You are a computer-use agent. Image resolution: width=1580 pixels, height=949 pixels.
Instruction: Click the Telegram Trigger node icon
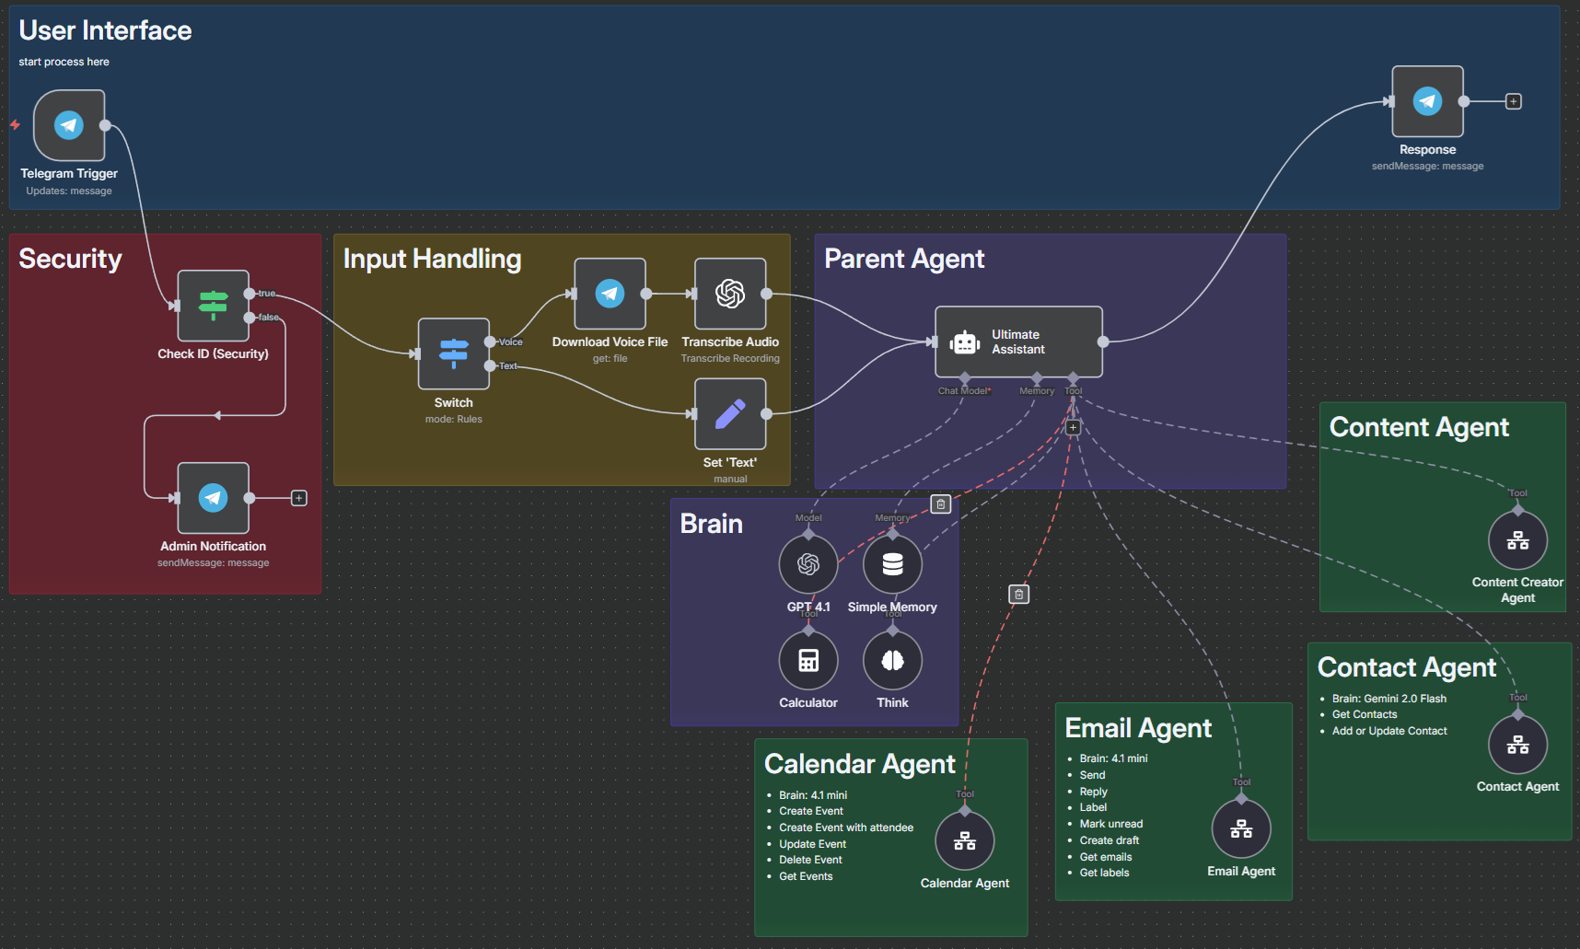pyautogui.click(x=69, y=125)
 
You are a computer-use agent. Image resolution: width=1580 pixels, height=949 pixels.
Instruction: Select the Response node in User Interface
pyautogui.click(x=1427, y=101)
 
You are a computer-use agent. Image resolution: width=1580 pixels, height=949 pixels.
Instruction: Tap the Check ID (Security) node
pyautogui.click(x=213, y=306)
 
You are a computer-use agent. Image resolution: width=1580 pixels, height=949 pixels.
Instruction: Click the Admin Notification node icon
pyautogui.click(x=213, y=498)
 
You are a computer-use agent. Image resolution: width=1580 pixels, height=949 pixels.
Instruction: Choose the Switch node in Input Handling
pyautogui.click(x=453, y=353)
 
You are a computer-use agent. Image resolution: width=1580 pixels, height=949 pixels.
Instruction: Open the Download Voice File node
pyautogui.click(x=610, y=294)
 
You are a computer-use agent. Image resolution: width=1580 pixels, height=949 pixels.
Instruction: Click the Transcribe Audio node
pyautogui.click(x=730, y=294)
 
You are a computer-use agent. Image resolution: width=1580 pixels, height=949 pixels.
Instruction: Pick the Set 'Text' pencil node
pyautogui.click(x=730, y=414)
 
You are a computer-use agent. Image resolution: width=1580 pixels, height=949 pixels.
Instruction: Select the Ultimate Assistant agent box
pyautogui.click(x=1018, y=341)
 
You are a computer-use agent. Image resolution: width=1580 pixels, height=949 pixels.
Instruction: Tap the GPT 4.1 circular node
pyautogui.click(x=808, y=564)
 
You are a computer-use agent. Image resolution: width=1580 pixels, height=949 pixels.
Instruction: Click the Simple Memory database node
pyautogui.click(x=892, y=564)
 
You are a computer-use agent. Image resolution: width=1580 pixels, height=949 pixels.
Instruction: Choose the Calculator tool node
pyautogui.click(x=808, y=661)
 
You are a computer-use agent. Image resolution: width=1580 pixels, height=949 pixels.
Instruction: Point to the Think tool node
pyautogui.click(x=892, y=661)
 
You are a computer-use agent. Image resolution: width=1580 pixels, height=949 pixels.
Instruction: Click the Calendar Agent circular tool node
pyautogui.click(x=964, y=840)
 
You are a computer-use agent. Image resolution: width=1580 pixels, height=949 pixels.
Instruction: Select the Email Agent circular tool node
pyautogui.click(x=1241, y=829)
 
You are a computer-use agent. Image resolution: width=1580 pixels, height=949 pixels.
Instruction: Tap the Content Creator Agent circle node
pyautogui.click(x=1517, y=540)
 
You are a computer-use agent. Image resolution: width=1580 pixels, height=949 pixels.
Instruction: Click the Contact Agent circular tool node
pyautogui.click(x=1517, y=745)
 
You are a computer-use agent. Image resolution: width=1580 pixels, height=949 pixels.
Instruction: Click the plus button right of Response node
pyautogui.click(x=1514, y=101)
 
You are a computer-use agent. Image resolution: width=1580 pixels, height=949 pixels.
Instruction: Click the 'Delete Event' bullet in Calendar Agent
pyautogui.click(x=810, y=860)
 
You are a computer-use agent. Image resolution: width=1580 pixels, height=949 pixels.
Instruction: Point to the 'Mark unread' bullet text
pyautogui.click(x=1110, y=824)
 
